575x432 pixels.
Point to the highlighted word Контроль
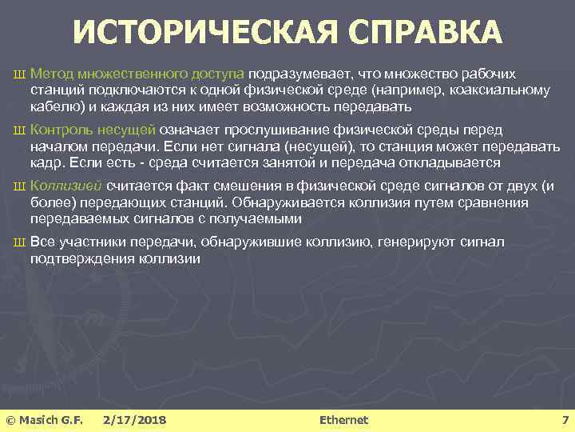click(x=61, y=130)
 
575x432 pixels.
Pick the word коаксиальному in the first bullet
click(x=504, y=90)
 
